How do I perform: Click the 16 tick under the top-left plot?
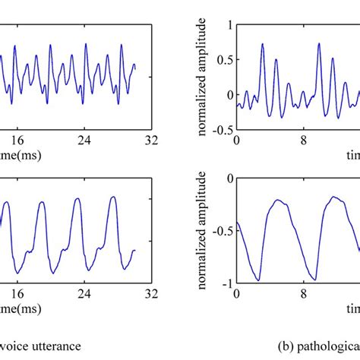[17, 141]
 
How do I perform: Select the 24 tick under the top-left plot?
[85, 141]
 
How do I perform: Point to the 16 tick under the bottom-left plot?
[17, 292]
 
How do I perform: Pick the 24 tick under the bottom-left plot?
[85, 292]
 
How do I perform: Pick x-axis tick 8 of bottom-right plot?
[304, 293]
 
